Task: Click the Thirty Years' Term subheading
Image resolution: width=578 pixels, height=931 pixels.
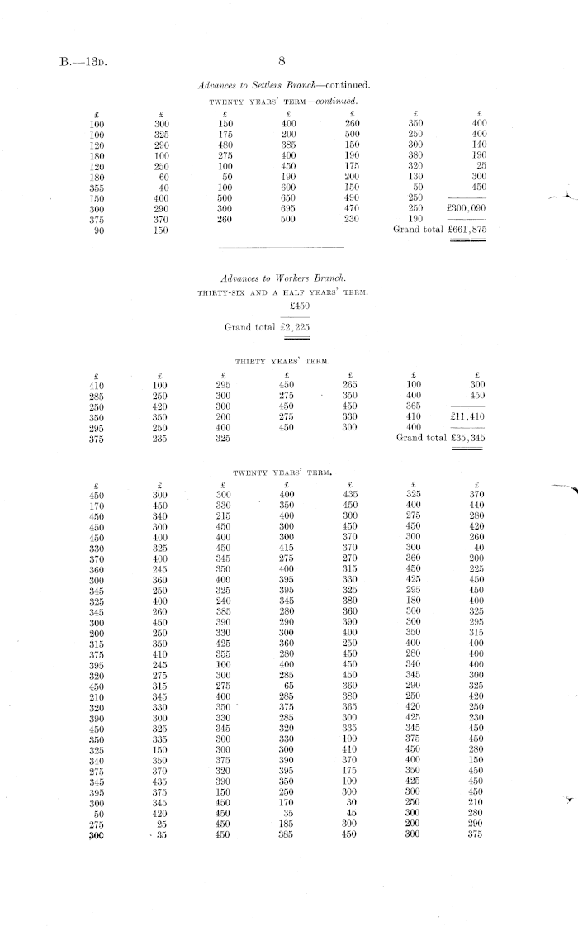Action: tap(282, 361)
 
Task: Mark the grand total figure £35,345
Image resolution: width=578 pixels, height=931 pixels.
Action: tap(465, 438)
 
